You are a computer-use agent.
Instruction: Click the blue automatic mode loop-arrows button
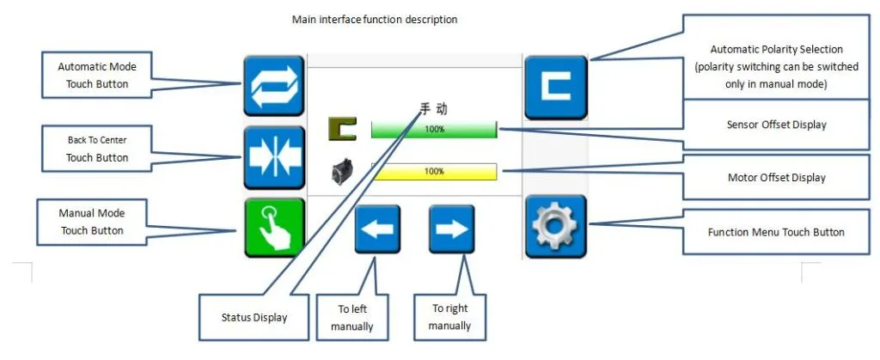pyautogui.click(x=273, y=85)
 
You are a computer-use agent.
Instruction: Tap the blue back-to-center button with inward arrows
pyautogui.click(x=273, y=157)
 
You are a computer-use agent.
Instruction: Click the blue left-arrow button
pyautogui.click(x=377, y=229)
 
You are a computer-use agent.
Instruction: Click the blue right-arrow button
pyautogui.click(x=451, y=229)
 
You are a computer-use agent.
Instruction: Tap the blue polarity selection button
pyautogui.click(x=556, y=87)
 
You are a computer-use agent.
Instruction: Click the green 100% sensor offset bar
pyautogui.click(x=434, y=130)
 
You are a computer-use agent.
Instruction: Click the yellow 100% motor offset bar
pyautogui.click(x=434, y=172)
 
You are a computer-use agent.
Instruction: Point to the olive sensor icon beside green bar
pyautogui.click(x=343, y=130)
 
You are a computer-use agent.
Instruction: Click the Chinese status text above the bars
pyautogui.click(x=433, y=109)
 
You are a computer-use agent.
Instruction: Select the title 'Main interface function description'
pyautogui.click(x=375, y=20)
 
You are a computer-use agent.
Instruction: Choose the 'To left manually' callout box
pyautogui.click(x=352, y=317)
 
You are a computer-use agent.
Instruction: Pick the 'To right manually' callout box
pyautogui.click(x=449, y=317)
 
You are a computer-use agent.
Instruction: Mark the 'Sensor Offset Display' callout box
pyautogui.click(x=776, y=125)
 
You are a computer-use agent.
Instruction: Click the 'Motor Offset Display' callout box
pyautogui.click(x=776, y=178)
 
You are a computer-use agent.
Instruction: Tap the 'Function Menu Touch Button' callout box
pyautogui.click(x=776, y=232)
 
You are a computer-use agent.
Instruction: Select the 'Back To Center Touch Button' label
pyautogui.click(x=97, y=149)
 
